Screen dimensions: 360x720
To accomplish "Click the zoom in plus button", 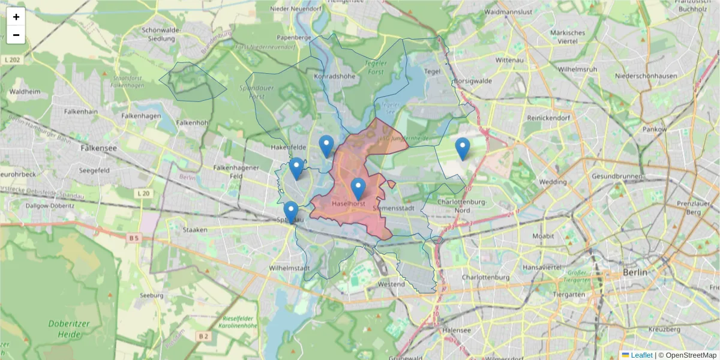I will point(16,17).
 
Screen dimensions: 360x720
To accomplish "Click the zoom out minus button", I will point(16,35).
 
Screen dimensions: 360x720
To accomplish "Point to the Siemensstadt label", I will point(393,208).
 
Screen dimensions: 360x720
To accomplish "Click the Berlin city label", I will point(635,272).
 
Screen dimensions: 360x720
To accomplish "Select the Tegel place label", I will point(432,71).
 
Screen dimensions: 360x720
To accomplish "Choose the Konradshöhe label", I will point(335,76).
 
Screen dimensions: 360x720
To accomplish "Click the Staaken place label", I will point(195,229).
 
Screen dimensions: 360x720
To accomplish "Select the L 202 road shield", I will point(11,59).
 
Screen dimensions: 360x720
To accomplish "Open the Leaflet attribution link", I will point(641,355).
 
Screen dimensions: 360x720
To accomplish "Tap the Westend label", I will point(392,284).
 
